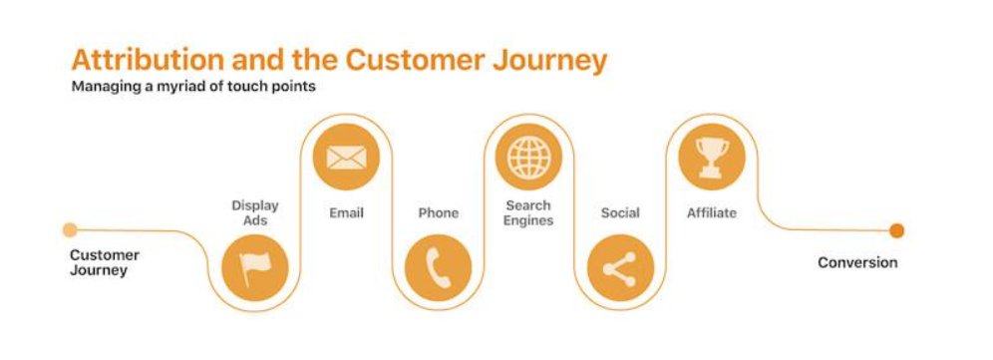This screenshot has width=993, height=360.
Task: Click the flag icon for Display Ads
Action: tap(255, 266)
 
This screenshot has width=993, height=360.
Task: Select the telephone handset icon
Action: tap(438, 266)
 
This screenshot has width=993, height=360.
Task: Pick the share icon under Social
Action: tap(620, 267)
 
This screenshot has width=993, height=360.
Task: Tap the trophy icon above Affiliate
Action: tap(712, 157)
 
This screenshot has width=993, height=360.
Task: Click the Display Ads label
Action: tap(255, 212)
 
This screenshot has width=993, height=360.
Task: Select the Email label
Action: tap(346, 212)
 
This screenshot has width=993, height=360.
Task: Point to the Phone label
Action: tap(438, 212)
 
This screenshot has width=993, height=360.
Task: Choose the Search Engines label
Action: tap(528, 212)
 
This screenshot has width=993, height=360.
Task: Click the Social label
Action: tap(620, 212)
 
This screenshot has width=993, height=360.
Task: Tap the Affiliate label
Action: tap(712, 212)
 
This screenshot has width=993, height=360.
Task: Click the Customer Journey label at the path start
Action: tap(104, 262)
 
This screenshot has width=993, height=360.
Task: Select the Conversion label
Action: tap(857, 262)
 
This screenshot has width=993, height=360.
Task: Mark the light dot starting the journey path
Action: tap(69, 230)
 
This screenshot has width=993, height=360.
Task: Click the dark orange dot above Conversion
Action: tap(896, 230)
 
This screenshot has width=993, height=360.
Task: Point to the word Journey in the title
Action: tap(551, 60)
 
